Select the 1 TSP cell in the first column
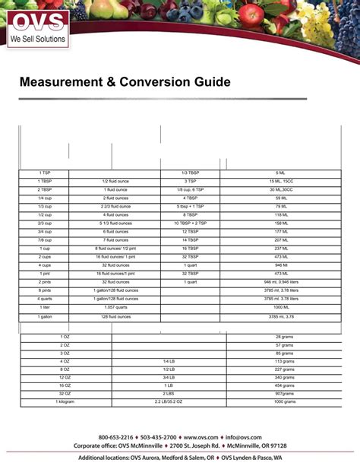(45, 173)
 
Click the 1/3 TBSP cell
(190, 173)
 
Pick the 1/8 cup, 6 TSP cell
(190, 190)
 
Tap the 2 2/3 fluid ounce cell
(115, 207)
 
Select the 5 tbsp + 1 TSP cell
(190, 207)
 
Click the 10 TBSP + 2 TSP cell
(190, 223)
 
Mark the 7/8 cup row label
(45, 240)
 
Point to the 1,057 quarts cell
(115, 307)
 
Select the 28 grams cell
(285, 336)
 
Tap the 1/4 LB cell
(168, 361)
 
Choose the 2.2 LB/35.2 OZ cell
(168, 402)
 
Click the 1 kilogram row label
(65, 402)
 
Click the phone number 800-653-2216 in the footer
(115, 438)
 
